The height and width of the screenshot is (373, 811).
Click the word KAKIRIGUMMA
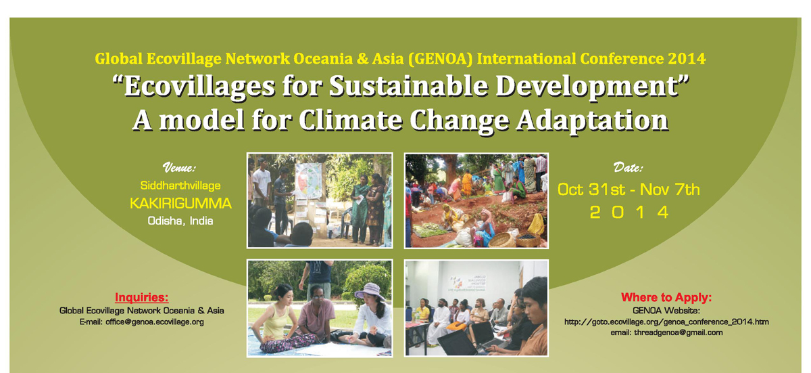pos(180,203)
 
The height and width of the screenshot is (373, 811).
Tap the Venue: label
pos(179,167)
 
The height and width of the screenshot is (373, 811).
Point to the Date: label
pos(628,167)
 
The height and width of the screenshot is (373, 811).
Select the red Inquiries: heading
pos(141,297)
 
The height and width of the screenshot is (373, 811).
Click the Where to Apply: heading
pos(666,297)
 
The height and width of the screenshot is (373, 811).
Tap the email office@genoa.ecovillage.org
pos(155,322)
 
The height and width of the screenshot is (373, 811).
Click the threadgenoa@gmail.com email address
pos(678,332)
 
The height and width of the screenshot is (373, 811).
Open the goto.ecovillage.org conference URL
pos(666,322)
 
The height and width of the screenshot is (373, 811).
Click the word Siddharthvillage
pos(180,185)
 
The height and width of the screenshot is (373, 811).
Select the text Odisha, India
pos(180,221)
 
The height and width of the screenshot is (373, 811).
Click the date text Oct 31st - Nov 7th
pos(629,190)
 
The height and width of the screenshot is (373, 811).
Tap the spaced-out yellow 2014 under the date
pos(629,212)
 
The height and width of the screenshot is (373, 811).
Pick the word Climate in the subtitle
pos(351,120)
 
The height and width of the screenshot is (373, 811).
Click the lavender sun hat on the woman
pos(369,292)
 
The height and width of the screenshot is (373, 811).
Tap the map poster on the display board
pos(308,180)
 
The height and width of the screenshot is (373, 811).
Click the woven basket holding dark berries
pos(528,240)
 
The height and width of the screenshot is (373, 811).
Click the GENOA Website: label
pos(666,311)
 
